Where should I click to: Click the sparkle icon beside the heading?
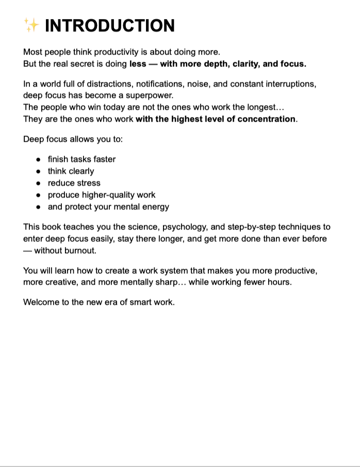[31, 25]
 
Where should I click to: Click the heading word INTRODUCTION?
[110, 26]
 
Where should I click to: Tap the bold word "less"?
[138, 64]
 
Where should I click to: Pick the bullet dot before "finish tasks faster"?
[39, 160]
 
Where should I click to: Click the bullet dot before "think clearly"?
[39, 172]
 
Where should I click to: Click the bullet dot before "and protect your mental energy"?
[39, 207]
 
